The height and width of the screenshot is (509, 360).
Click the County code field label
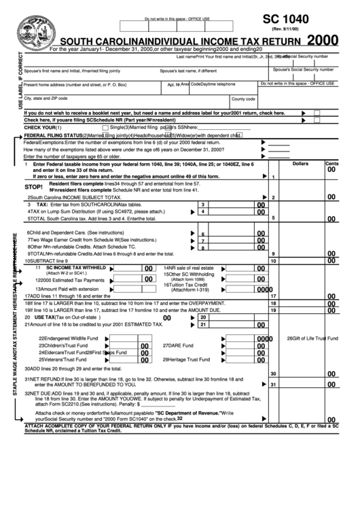click(243, 99)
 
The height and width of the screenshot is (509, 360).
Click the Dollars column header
click(300, 164)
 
